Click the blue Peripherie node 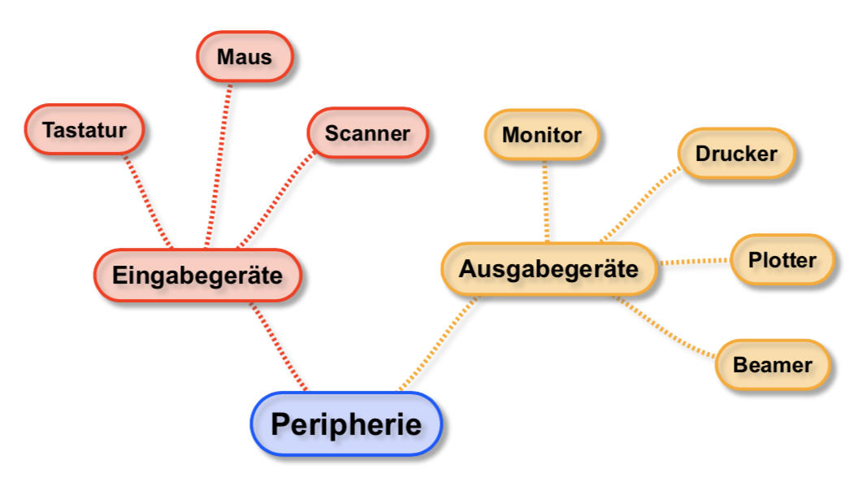[346, 423]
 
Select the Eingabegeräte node [197, 275]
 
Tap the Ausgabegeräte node [549, 269]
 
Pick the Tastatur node [85, 130]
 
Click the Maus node [245, 57]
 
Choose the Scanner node [367, 133]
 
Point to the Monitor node [542, 135]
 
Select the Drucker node [736, 154]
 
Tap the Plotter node [782, 260]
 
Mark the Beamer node [772, 365]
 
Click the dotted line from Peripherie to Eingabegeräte [278, 346]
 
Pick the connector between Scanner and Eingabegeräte [276, 198]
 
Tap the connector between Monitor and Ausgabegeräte [546, 201]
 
